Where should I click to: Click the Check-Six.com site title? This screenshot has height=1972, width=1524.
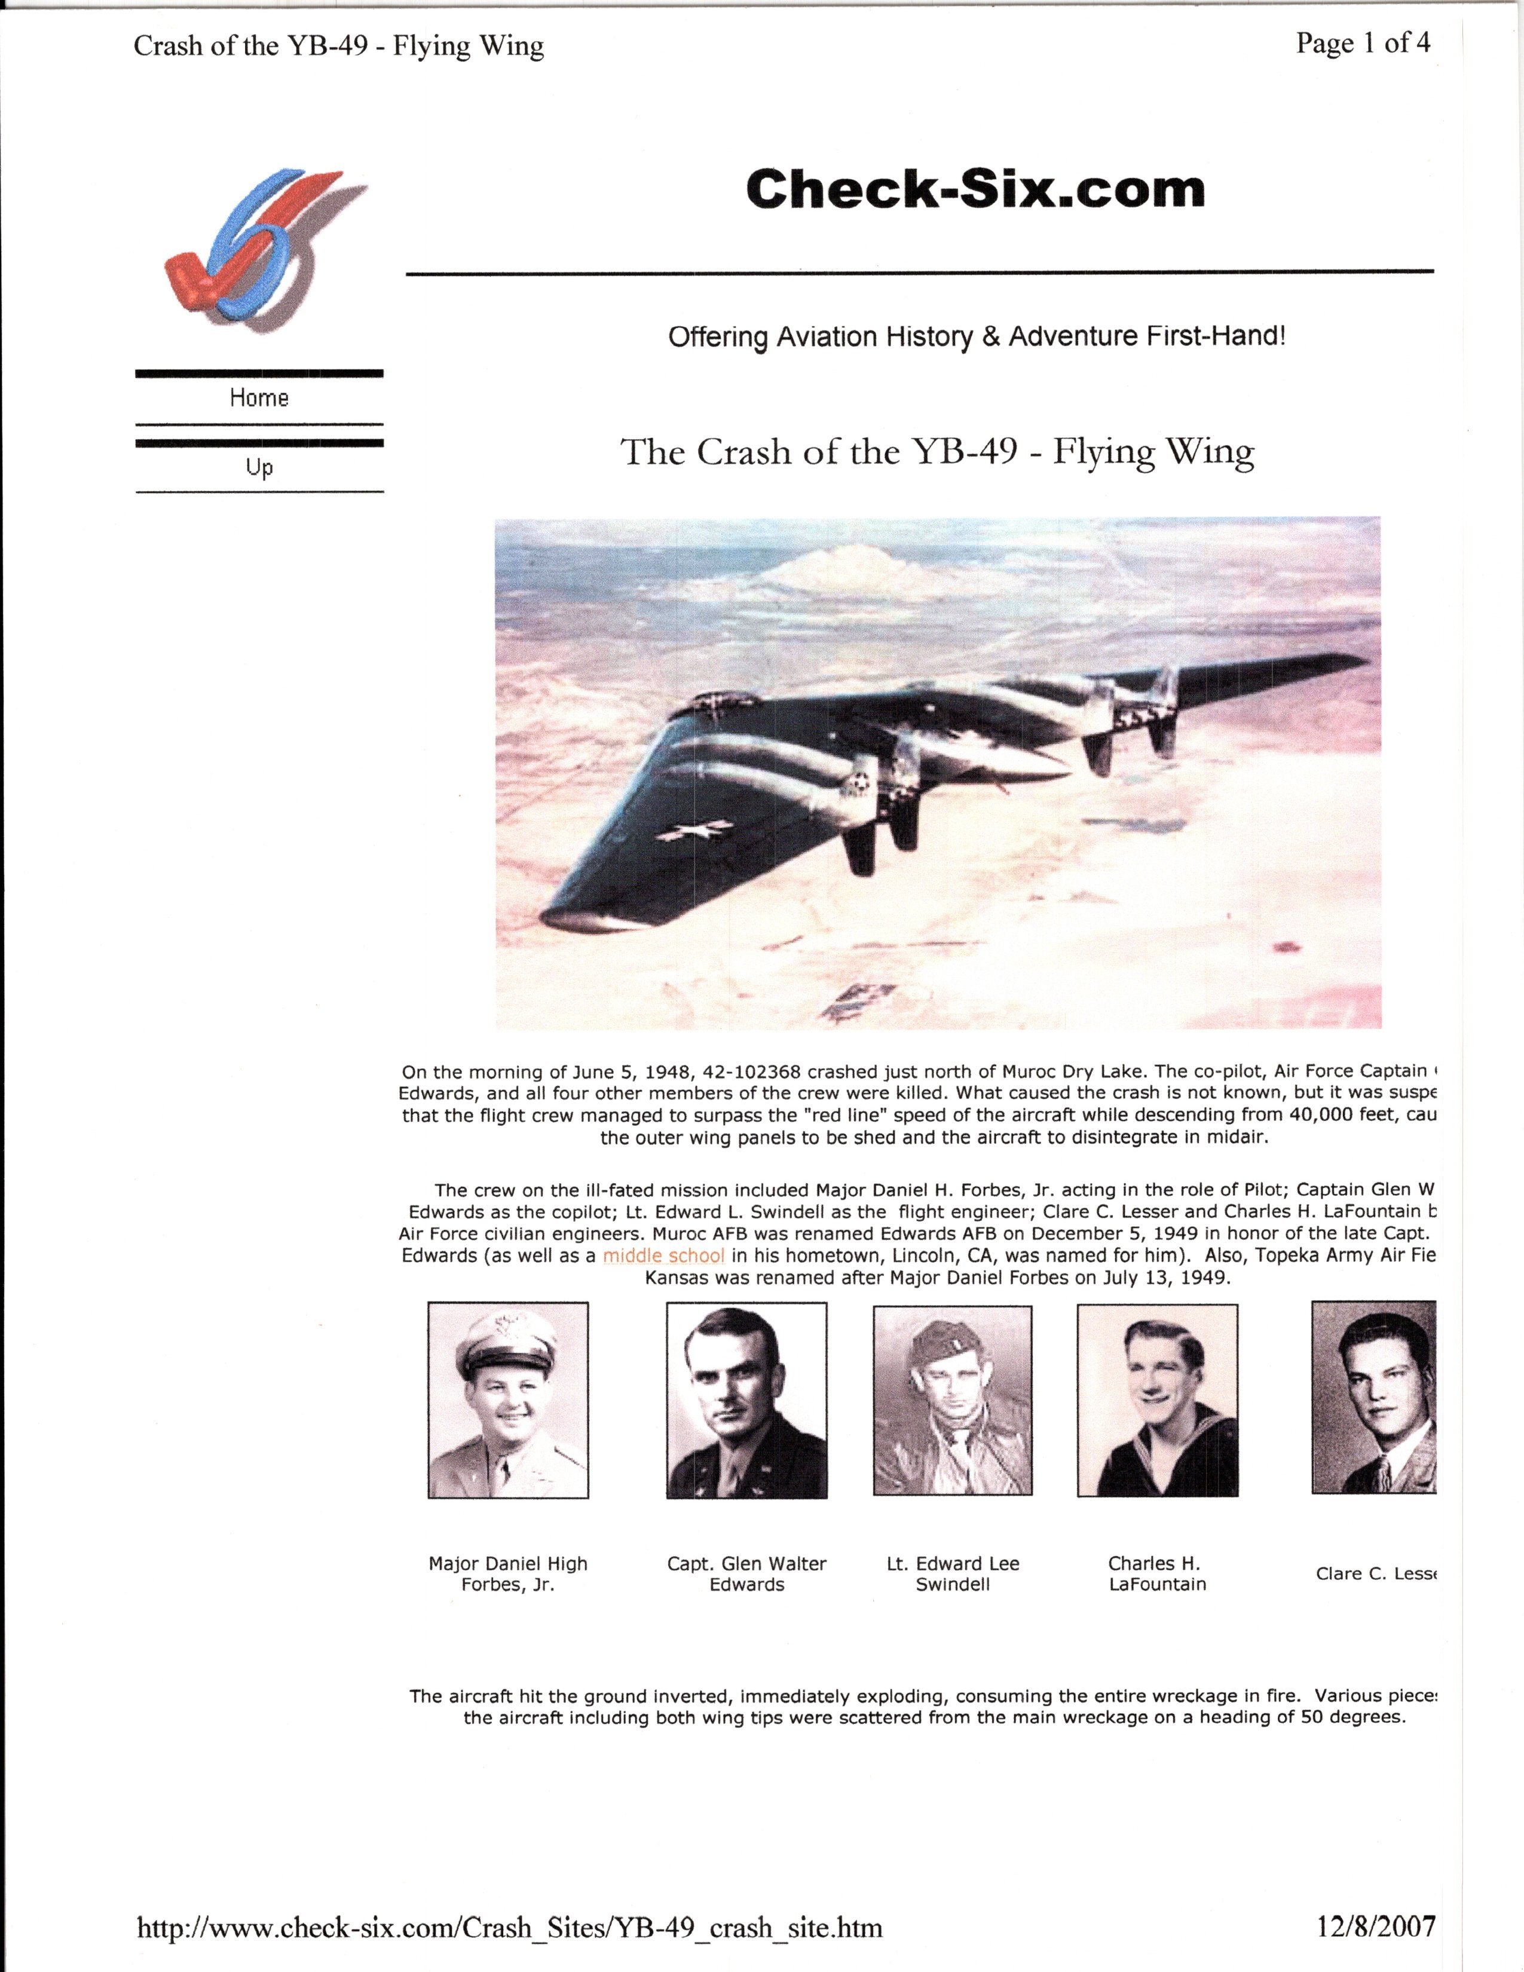coord(975,189)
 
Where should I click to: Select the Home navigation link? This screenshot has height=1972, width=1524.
coord(259,398)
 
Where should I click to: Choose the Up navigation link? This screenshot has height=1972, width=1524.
coord(259,468)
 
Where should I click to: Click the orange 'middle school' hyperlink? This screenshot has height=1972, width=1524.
coord(663,1255)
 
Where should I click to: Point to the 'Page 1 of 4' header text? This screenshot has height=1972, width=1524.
coord(1363,44)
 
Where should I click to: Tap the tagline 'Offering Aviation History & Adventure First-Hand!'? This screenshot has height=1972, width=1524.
coord(976,337)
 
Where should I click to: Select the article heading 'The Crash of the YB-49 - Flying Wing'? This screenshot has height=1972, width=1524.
coord(937,451)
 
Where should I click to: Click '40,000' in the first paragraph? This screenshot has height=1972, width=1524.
coord(1327,1115)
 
